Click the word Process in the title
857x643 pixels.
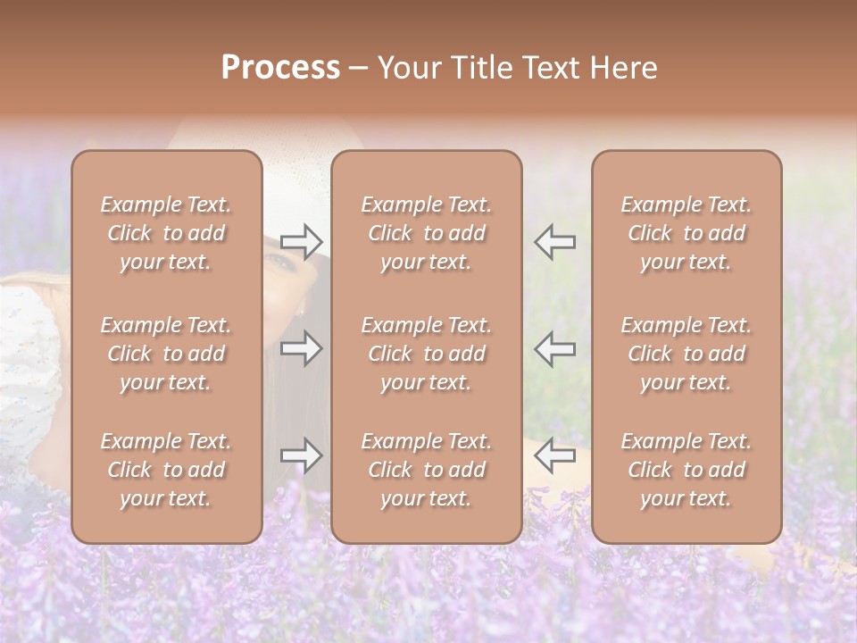pyautogui.click(x=280, y=68)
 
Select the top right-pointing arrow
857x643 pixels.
pyautogui.click(x=302, y=241)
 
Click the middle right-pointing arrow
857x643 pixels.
pyautogui.click(x=302, y=347)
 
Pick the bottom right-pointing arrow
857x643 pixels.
pyautogui.click(x=302, y=455)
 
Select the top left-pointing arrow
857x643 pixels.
pyautogui.click(x=554, y=241)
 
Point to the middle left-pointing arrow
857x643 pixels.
pyautogui.click(x=554, y=347)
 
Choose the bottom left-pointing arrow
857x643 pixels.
pyautogui.click(x=554, y=455)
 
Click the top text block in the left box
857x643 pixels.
pyautogui.click(x=166, y=233)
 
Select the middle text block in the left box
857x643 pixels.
pyautogui.click(x=166, y=354)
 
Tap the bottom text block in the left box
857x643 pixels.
pyautogui.click(x=166, y=470)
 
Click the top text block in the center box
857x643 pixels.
pyautogui.click(x=426, y=233)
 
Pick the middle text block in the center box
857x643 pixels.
pyautogui.click(x=426, y=354)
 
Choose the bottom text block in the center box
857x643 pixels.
pyautogui.click(x=426, y=470)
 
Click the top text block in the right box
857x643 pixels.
pyautogui.click(x=686, y=233)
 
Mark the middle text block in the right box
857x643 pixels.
pyautogui.click(x=686, y=354)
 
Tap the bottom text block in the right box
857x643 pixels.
pyautogui.click(x=686, y=470)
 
